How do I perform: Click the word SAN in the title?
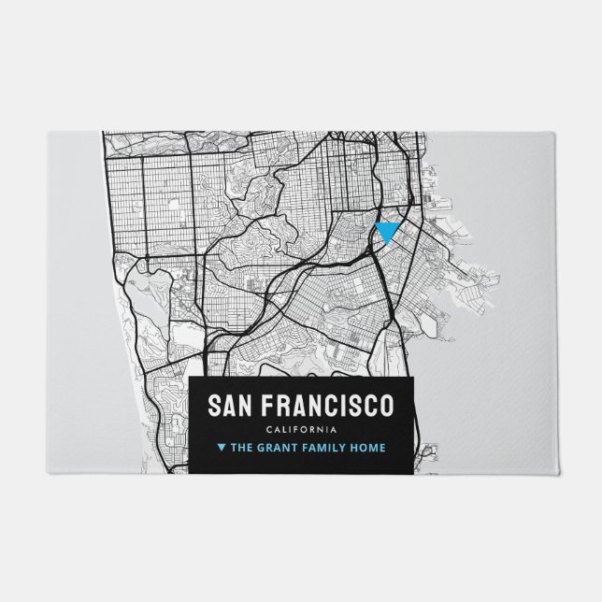click(228, 406)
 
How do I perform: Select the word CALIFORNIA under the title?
click(300, 429)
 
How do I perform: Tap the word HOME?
click(369, 448)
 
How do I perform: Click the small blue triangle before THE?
click(221, 448)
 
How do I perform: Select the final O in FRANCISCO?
click(386, 406)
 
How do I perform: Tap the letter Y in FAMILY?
click(346, 448)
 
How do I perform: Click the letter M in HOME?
click(375, 448)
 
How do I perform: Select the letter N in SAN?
click(244, 406)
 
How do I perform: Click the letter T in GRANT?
click(297, 448)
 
